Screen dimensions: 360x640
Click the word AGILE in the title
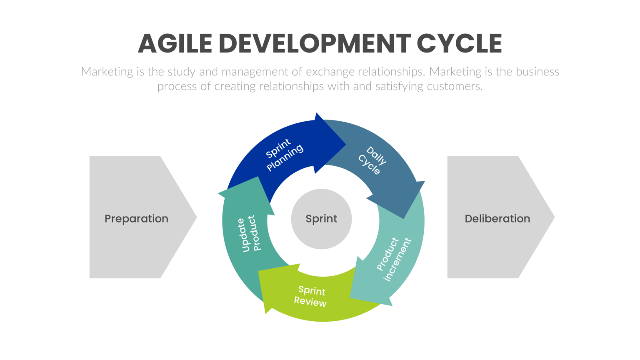[175, 44]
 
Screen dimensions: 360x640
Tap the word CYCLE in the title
[459, 44]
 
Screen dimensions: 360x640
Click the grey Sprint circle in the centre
[321, 219]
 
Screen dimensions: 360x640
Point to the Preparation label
[136, 219]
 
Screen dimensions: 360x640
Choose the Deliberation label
[497, 219]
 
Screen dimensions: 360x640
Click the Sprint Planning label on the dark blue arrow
[285, 155]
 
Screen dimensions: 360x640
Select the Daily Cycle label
[372, 160]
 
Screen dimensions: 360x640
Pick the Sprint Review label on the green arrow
[311, 296]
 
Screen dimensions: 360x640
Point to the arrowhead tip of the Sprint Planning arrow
[345, 145]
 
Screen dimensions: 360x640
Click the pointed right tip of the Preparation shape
[196, 217]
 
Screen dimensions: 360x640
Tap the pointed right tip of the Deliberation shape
[554, 217]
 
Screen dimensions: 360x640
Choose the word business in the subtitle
[537, 72]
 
